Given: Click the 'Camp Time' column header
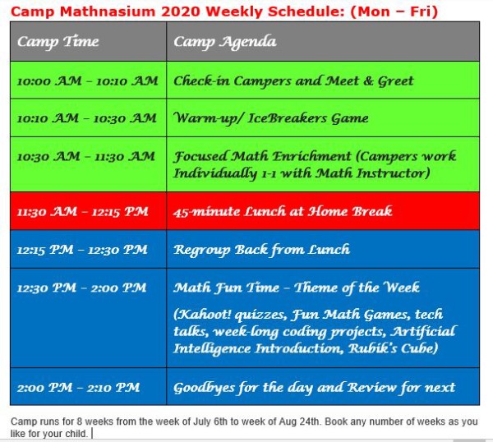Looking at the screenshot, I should [58, 42].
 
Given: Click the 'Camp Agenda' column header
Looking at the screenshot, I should [224, 42].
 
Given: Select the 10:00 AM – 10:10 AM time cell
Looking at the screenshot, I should [87, 81].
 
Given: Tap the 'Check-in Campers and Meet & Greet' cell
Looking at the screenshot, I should [293, 81].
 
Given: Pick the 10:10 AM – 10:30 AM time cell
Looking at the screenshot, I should [87, 117].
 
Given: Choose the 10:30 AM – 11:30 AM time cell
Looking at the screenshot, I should [87, 156].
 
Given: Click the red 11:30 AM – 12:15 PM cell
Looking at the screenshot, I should [82, 211].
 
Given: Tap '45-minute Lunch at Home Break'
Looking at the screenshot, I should [283, 211].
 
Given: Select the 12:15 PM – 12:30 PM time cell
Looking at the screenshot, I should [82, 249].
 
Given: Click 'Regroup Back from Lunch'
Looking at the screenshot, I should [261, 249].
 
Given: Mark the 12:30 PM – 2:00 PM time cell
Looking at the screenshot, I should [81, 288].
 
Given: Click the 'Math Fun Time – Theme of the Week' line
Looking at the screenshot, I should [296, 288].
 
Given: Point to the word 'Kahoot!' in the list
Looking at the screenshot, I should [202, 315].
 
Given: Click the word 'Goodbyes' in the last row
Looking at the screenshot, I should [205, 388].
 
